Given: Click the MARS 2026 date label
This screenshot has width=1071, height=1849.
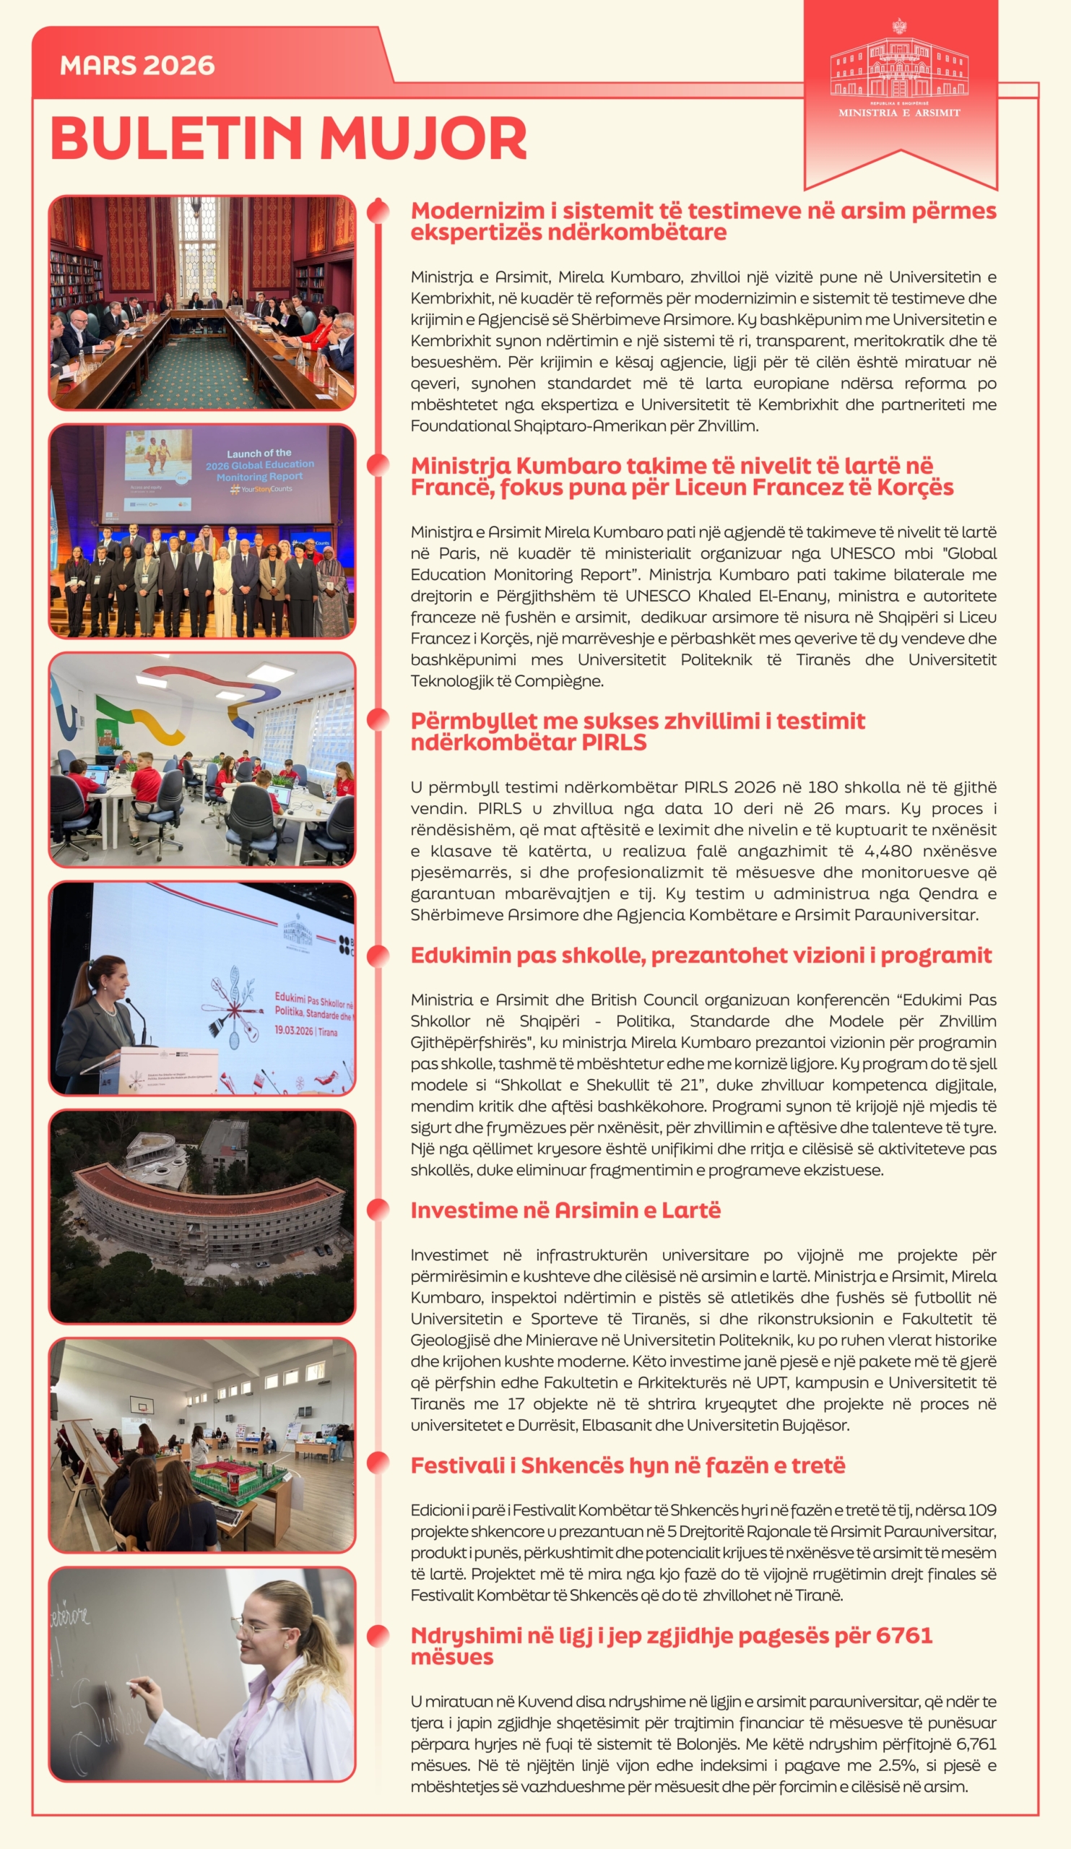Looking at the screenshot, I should click(x=137, y=66).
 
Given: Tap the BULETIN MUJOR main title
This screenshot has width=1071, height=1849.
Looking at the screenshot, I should click(x=288, y=138).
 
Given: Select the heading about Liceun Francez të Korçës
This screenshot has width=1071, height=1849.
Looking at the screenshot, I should click(x=682, y=477).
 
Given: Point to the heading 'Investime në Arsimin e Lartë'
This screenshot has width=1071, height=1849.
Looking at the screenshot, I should click(x=565, y=1211).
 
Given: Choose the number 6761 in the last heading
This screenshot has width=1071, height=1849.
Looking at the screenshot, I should click(x=903, y=1635).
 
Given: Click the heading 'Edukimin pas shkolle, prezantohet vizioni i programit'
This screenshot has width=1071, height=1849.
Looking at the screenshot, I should click(x=701, y=956).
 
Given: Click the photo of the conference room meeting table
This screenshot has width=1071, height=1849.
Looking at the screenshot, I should click(x=201, y=303).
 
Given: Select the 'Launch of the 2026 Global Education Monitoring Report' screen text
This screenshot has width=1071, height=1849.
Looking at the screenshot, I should click(x=259, y=465).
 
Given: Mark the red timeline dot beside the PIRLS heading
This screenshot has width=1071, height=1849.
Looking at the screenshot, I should click(x=378, y=720).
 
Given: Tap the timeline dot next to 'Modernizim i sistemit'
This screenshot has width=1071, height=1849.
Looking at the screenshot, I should click(x=378, y=211).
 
